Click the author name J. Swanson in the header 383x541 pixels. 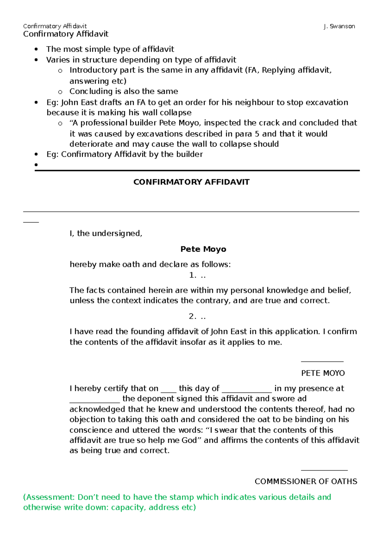(339, 26)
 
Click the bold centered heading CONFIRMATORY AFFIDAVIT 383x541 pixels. (191, 182)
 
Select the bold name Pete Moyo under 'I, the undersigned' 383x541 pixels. (203, 249)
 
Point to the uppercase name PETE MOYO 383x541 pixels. (323, 373)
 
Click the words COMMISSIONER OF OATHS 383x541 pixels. (305, 481)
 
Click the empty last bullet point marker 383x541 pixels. (36, 165)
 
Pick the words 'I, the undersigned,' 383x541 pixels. (106, 233)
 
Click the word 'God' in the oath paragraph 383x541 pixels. (189, 440)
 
